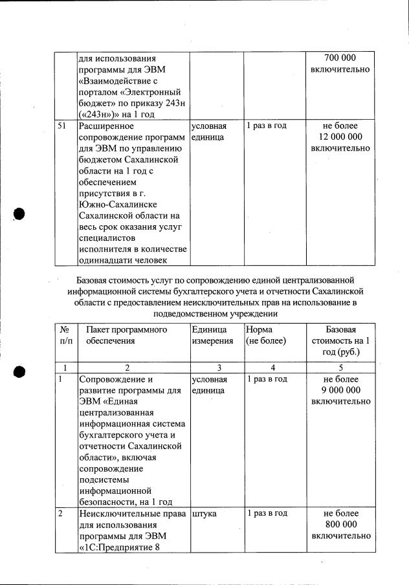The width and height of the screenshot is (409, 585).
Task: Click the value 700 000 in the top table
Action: (341, 58)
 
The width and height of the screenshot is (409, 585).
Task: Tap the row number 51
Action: (63, 126)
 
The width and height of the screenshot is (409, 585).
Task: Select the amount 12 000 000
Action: (340, 137)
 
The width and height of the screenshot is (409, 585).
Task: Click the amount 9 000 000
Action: (340, 390)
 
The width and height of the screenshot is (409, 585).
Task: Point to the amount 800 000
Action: (341, 525)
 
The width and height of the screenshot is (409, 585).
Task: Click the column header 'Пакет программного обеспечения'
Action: (126, 335)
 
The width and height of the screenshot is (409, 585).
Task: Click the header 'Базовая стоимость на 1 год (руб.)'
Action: (340, 341)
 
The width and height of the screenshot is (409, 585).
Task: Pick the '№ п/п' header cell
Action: (64, 335)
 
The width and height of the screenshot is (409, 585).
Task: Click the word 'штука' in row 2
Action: (204, 513)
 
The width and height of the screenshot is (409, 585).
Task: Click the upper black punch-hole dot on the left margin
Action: (19, 214)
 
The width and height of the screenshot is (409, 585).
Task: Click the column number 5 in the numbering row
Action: (340, 367)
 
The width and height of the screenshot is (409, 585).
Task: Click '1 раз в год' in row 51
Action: (267, 126)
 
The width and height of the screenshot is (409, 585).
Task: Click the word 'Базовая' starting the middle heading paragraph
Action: (93, 280)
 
